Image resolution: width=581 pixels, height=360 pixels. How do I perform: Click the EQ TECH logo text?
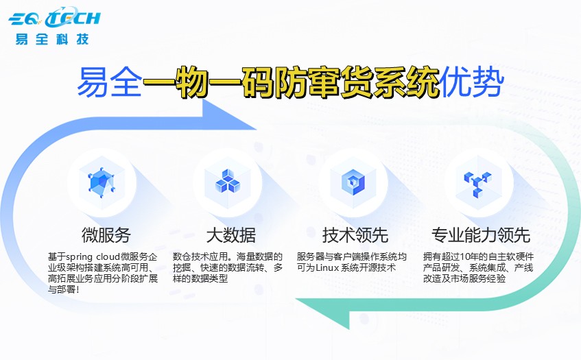(55, 17)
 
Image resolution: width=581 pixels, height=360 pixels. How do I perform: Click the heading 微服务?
(106, 235)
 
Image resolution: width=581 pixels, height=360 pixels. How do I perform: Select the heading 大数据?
(230, 235)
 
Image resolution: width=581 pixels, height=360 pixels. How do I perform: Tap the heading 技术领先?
(355, 235)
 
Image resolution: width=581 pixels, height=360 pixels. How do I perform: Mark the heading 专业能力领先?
(480, 235)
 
